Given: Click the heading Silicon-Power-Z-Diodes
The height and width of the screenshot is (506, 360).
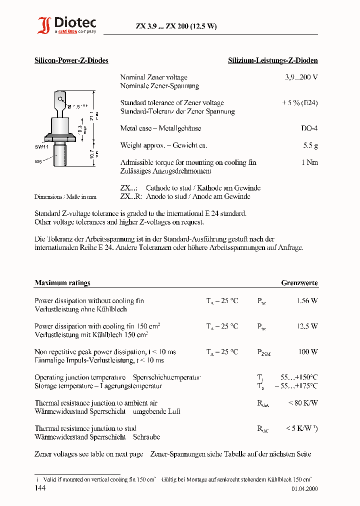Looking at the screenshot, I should (x=71, y=60).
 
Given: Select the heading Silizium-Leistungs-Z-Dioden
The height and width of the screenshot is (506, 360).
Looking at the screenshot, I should (x=272, y=60).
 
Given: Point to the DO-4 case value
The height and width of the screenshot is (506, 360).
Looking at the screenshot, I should (x=309, y=128).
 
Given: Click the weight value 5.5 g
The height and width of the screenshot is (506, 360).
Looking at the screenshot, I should (x=310, y=145).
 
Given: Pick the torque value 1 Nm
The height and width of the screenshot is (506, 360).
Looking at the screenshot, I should (x=309, y=162).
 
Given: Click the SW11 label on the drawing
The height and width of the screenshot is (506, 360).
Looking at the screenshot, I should (x=41, y=146).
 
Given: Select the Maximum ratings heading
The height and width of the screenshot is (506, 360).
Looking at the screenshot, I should (x=62, y=283).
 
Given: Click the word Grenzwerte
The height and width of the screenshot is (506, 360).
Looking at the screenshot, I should (x=299, y=283).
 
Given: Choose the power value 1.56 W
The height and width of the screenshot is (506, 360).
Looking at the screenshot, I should (x=307, y=301).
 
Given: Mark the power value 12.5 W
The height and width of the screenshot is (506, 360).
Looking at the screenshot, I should (x=307, y=326).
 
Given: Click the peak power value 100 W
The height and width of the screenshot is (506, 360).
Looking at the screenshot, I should (x=308, y=352).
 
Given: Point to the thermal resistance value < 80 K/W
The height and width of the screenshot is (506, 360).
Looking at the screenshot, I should (x=303, y=403).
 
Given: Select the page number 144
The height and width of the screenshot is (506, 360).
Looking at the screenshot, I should (x=40, y=487).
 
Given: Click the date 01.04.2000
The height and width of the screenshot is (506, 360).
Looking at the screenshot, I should (x=304, y=489).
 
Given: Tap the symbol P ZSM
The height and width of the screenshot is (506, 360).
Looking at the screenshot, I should (x=263, y=353).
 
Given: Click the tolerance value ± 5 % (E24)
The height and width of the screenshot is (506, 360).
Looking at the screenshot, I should (x=299, y=103).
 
